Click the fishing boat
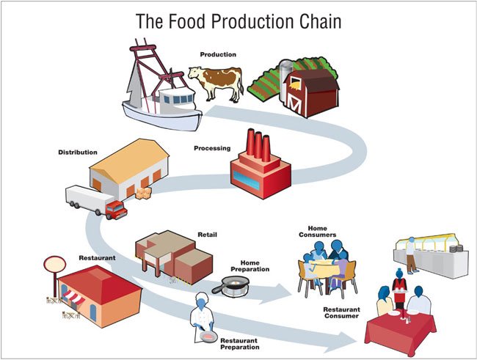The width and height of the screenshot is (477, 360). click(157, 84)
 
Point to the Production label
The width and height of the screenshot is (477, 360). click(218, 54)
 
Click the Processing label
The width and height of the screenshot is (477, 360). click(213, 148)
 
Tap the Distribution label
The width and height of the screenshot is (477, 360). click(77, 153)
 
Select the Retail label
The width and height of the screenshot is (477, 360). click(208, 235)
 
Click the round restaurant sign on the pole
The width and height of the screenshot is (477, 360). click(54, 264)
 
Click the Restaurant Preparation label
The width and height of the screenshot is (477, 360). click(244, 345)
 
